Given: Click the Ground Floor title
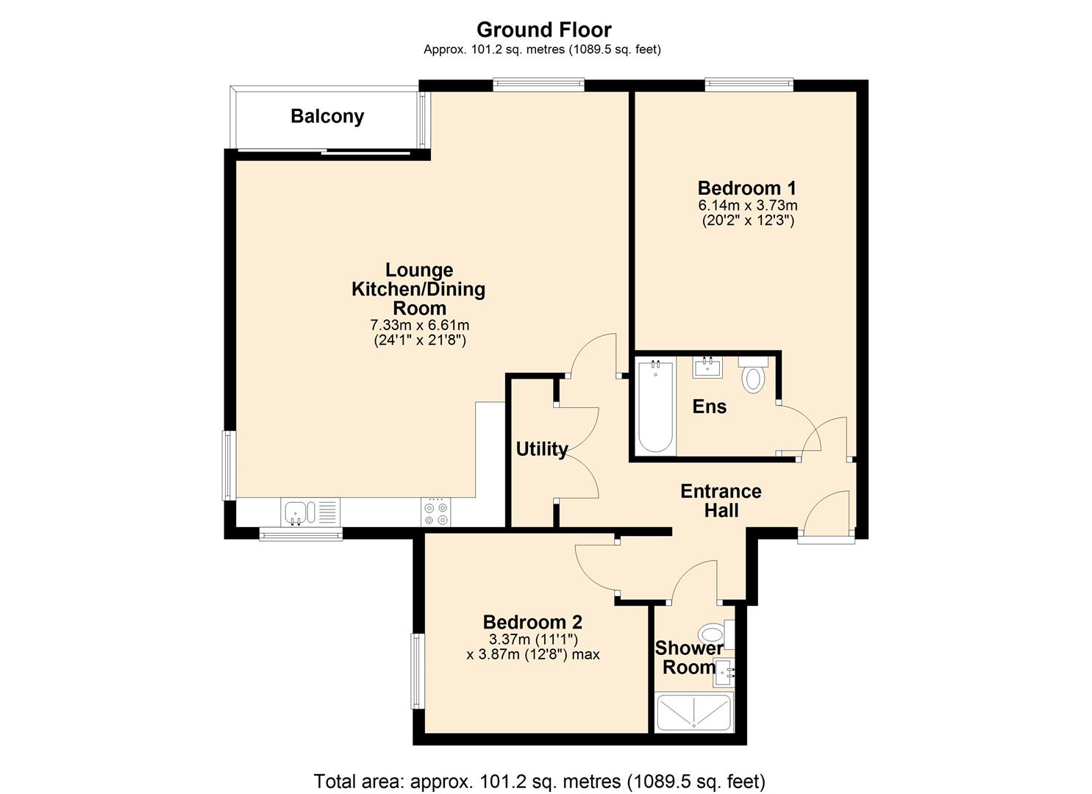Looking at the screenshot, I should pos(543,29).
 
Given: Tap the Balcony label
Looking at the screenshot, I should pos(327,116).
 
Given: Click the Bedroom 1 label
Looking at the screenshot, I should pos(746,188).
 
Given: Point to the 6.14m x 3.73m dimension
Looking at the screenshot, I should pos(747,205).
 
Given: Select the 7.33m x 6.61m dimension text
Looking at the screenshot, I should pos(419,325).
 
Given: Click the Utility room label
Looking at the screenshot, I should pos(541,449).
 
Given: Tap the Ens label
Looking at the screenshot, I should pos(709,407).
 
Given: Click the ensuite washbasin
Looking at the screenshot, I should pos(707,367).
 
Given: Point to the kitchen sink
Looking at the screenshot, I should pos(301,512).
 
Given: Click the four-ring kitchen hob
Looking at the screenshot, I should pos(435,512).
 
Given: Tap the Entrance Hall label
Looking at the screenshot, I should pos(721,501).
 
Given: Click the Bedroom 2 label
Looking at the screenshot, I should pos(532,622).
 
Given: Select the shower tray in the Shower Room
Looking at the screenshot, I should pos(693,712).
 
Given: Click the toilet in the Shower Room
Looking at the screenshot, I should pos(713,634).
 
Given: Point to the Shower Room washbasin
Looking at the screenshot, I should pos(723,672).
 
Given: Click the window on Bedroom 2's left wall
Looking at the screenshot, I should pos(418,671).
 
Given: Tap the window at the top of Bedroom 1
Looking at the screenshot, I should pos(749,85).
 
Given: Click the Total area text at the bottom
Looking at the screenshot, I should pos(539,781).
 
